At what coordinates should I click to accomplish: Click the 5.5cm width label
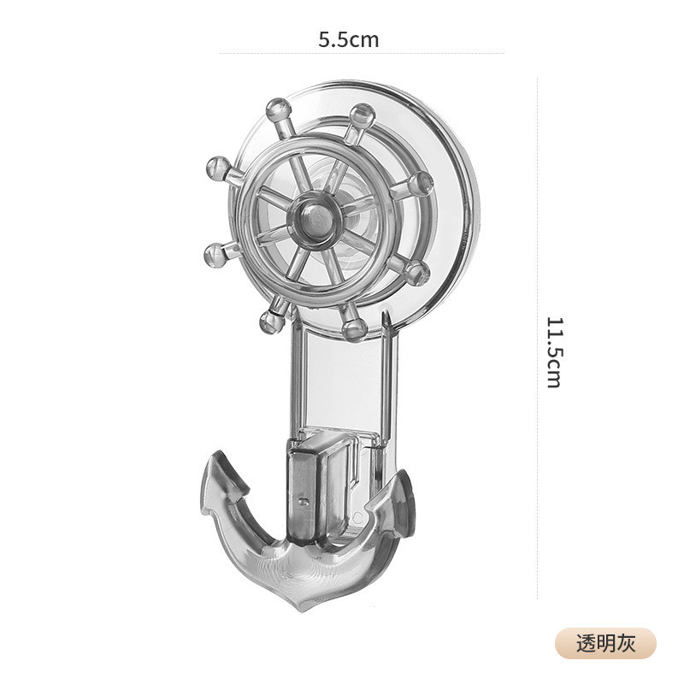348,39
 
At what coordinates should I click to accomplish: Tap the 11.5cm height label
554,352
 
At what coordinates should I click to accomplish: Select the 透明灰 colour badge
605,644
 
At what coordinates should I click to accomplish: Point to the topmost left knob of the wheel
279,110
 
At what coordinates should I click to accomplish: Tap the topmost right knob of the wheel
363,115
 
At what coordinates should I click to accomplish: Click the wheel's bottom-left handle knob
272,322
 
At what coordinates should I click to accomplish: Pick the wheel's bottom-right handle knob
354,328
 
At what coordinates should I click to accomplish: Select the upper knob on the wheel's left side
218,168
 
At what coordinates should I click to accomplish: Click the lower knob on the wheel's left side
216,255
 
